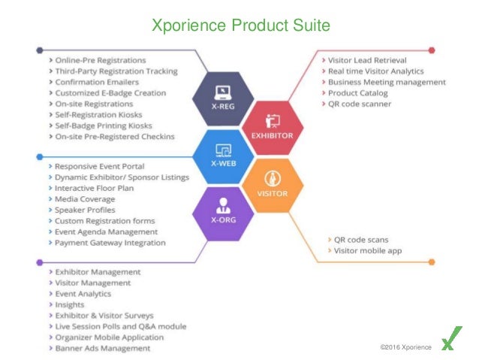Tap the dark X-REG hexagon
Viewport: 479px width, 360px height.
[x=222, y=98]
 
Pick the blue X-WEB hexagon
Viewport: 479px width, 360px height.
[x=222, y=156]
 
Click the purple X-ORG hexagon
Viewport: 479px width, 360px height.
[x=221, y=211]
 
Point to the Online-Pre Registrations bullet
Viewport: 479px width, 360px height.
[x=101, y=59]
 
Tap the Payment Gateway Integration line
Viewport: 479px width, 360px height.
[x=110, y=243]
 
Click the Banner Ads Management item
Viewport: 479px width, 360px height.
[x=103, y=348]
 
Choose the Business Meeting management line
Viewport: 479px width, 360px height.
[x=387, y=82]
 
